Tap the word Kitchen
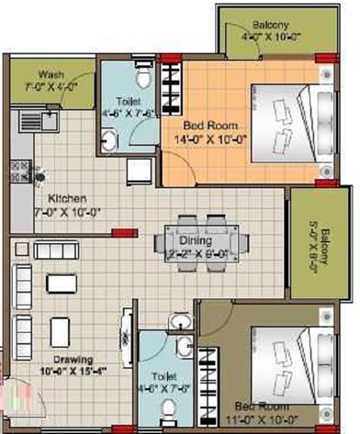(x=68, y=198)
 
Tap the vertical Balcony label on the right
(x=312, y=241)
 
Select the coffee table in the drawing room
(x=61, y=328)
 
